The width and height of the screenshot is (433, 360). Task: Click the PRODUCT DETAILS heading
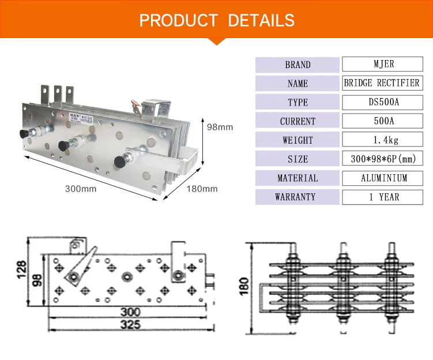click(217, 21)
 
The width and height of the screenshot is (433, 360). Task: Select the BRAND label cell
click(298, 65)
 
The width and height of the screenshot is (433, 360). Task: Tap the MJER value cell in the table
click(381, 64)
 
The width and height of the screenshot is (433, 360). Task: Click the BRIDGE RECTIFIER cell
click(381, 83)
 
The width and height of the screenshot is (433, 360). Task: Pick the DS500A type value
click(381, 102)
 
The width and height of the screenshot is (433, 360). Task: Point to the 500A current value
click(381, 121)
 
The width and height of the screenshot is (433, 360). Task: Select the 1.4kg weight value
click(381, 140)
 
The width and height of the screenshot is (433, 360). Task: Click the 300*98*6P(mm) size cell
click(381, 159)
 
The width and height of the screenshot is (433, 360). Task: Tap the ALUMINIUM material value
click(381, 178)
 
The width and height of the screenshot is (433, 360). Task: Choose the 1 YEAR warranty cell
click(381, 197)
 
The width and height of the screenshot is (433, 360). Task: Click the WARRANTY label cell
click(298, 197)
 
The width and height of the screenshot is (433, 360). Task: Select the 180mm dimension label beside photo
click(203, 189)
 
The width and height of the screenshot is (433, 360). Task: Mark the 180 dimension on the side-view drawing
click(244, 284)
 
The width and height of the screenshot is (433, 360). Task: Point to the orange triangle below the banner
click(217, 40)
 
